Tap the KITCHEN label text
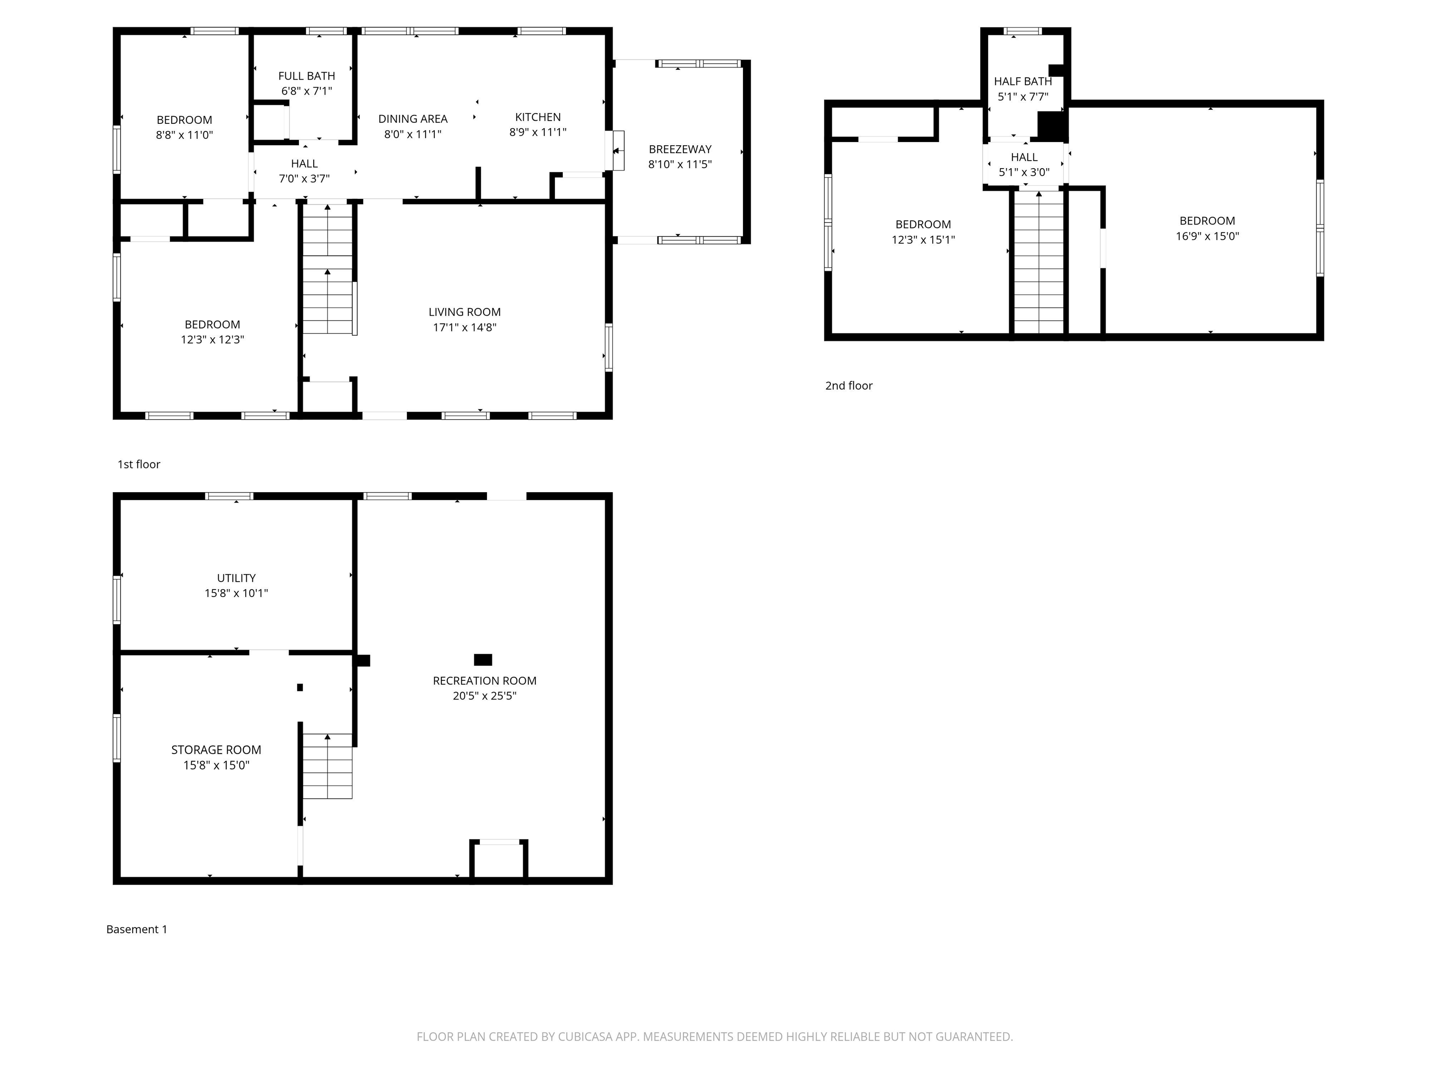(537, 117)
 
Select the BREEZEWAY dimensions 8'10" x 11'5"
(680, 164)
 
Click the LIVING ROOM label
(464, 312)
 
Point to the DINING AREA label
(412, 119)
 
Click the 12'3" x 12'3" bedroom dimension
(212, 340)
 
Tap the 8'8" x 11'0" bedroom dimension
(184, 135)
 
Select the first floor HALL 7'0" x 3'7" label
(304, 171)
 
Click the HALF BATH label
(1023, 81)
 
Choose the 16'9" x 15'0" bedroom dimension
(1207, 236)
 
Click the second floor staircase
(1038, 262)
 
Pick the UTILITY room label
(236, 577)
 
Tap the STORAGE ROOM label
(216, 750)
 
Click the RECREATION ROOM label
(484, 680)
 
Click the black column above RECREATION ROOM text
(483, 660)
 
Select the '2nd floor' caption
(848, 386)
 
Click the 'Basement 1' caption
(136, 930)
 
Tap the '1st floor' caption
(138, 464)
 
